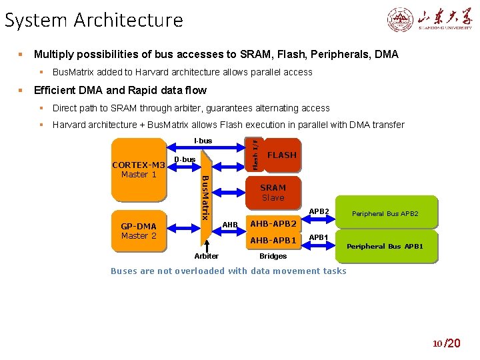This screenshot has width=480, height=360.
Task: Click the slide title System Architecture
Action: pos(93,20)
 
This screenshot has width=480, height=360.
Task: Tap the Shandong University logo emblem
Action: pos(401,20)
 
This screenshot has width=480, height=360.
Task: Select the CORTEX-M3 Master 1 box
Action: pos(138,170)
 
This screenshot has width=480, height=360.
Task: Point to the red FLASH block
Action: pos(281,155)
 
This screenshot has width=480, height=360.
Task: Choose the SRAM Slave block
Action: pos(273,193)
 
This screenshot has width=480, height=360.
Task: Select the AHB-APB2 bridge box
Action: pos(273,223)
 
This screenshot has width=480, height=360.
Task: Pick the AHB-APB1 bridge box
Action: pos(273,240)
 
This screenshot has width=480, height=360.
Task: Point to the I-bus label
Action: pos(203,141)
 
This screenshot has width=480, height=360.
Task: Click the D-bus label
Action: pos(185,159)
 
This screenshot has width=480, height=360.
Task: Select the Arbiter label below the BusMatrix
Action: pos(206,256)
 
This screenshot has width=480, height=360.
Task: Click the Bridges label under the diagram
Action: pos(273,256)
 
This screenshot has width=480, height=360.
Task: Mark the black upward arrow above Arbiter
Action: pos(207,243)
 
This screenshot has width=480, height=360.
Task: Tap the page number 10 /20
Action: pos(446,343)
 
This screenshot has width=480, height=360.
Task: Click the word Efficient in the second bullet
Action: pos(56,90)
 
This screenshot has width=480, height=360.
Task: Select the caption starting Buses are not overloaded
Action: pos(228,271)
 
